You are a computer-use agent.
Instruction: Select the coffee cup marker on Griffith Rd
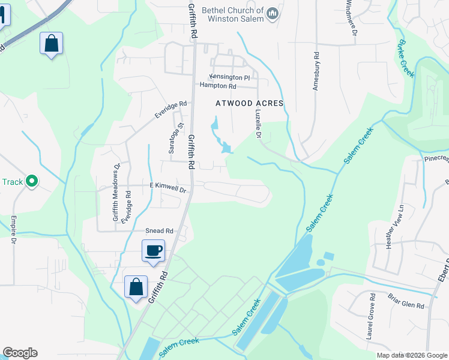(x=153, y=250)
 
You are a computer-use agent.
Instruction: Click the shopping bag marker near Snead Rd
(x=136, y=286)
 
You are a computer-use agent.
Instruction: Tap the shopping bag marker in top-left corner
(x=52, y=44)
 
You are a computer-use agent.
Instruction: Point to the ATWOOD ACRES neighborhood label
(x=249, y=104)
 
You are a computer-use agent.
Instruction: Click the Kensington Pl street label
(x=229, y=78)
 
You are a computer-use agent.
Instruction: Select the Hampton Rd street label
(x=218, y=86)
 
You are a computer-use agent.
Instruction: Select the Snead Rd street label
(x=159, y=231)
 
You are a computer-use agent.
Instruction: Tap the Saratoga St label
(x=171, y=139)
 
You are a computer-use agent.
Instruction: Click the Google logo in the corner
(x=20, y=353)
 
